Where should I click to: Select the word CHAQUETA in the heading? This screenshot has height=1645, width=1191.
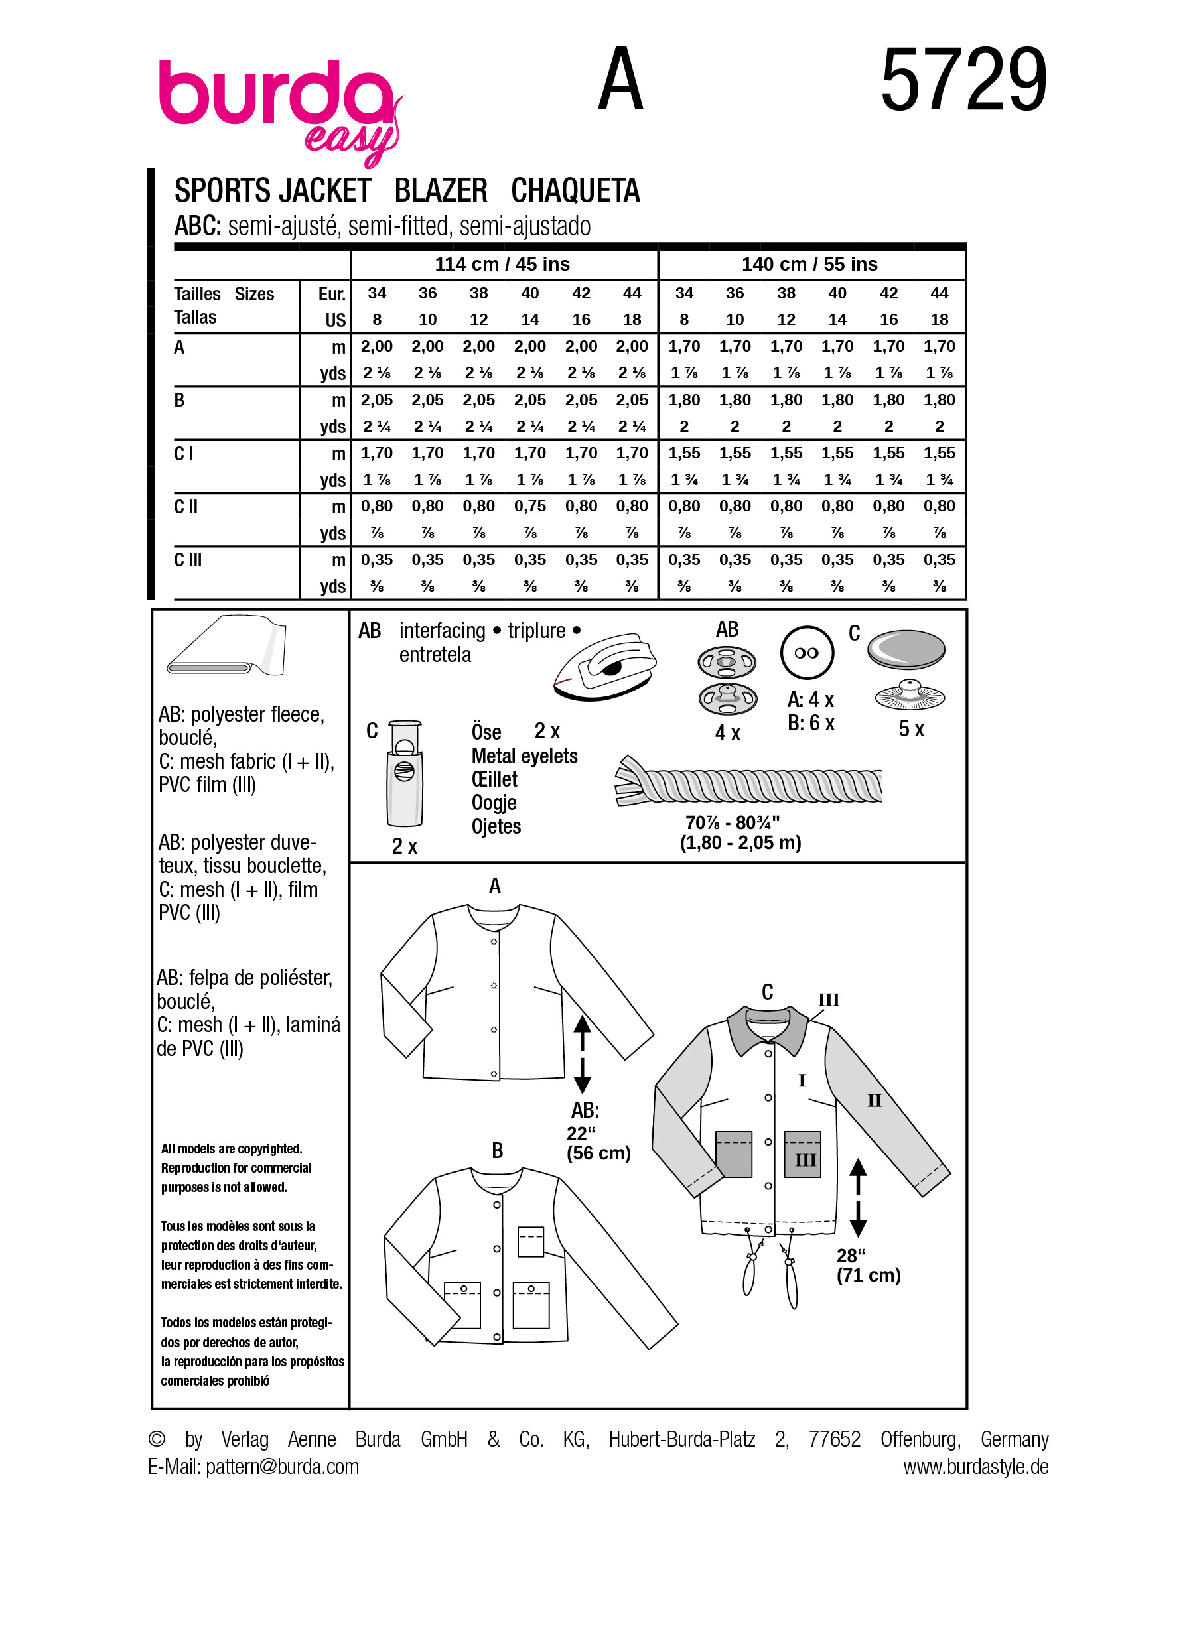click(575, 191)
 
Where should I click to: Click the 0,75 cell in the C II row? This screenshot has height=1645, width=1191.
click(529, 506)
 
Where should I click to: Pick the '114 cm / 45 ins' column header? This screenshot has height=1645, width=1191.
click(502, 264)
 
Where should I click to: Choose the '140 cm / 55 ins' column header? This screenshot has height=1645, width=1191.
click(809, 264)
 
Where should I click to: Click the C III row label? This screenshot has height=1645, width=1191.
click(188, 560)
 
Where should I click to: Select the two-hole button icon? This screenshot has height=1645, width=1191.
click(807, 652)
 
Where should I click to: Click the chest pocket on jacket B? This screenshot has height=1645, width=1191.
click(530, 1241)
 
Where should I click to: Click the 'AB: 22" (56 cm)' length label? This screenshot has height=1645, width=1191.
click(597, 1132)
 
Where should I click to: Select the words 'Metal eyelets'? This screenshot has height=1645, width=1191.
click(524, 756)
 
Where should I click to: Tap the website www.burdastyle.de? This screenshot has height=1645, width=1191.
click(975, 1467)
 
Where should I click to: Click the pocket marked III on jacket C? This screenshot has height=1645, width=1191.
click(803, 1153)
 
